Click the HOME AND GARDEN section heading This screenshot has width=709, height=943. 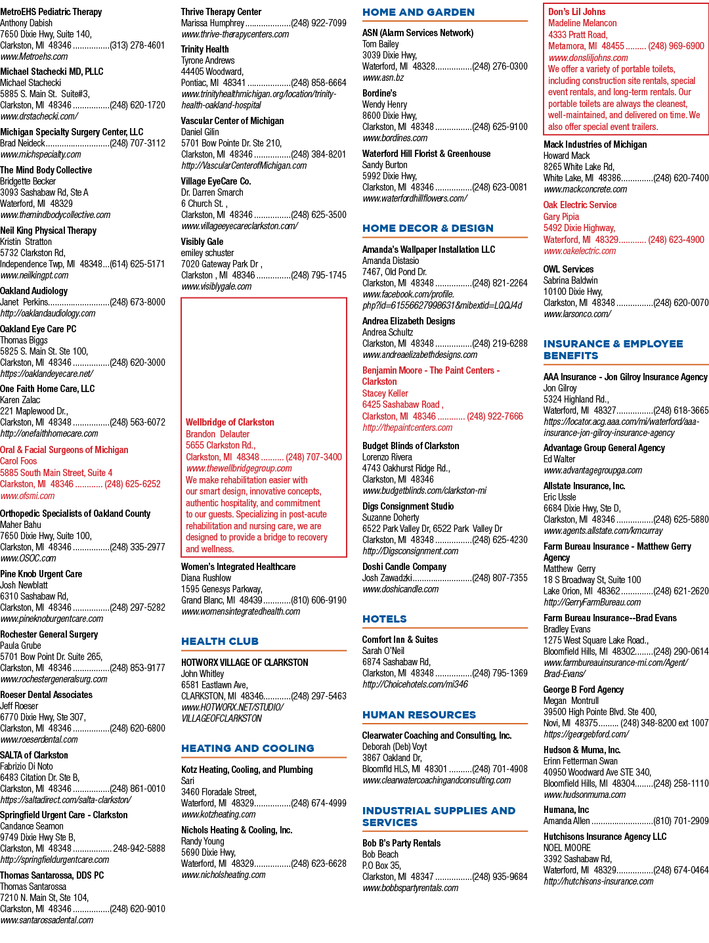[418, 12]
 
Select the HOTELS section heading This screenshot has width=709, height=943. [384, 619]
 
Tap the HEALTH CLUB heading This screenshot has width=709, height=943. [219, 642]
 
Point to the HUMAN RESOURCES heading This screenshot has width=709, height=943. [419, 715]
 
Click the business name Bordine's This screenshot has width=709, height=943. [379, 93]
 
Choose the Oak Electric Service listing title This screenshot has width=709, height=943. [580, 205]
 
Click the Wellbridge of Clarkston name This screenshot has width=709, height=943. [230, 422]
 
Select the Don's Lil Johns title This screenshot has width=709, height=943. [577, 12]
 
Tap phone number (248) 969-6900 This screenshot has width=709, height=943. [676, 46]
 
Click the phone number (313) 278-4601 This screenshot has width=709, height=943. [137, 45]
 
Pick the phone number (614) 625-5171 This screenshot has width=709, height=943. [137, 264]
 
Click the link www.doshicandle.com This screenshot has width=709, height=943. [400, 590]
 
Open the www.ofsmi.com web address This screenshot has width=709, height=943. [28, 496]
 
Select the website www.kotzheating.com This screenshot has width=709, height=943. [218, 814]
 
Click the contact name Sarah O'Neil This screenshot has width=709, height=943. [383, 651]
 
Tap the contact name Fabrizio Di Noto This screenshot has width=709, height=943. [27, 766]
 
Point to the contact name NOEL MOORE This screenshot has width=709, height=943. [567, 848]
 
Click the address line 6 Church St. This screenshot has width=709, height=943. [204, 204]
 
